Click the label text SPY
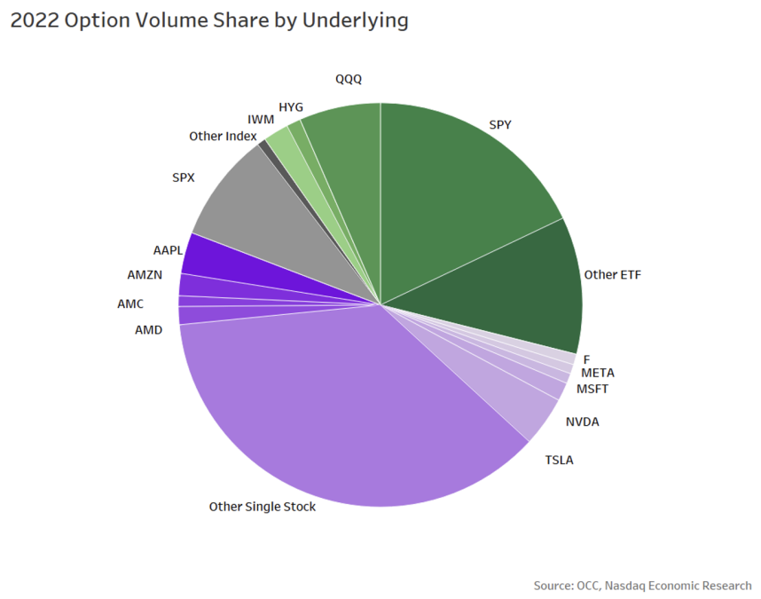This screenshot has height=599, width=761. (x=500, y=125)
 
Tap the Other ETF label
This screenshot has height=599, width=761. (x=612, y=275)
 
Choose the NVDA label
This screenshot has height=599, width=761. (x=582, y=422)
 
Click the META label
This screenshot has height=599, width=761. (x=597, y=373)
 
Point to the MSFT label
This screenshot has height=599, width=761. (x=592, y=389)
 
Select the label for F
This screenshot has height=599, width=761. (x=586, y=359)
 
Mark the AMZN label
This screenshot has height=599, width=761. (x=145, y=274)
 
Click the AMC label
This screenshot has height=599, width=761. (x=130, y=303)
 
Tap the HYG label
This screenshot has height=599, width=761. (x=291, y=107)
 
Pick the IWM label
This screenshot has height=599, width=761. (x=260, y=119)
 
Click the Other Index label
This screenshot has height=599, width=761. (x=223, y=137)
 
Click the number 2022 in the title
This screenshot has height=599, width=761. (x=36, y=21)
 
